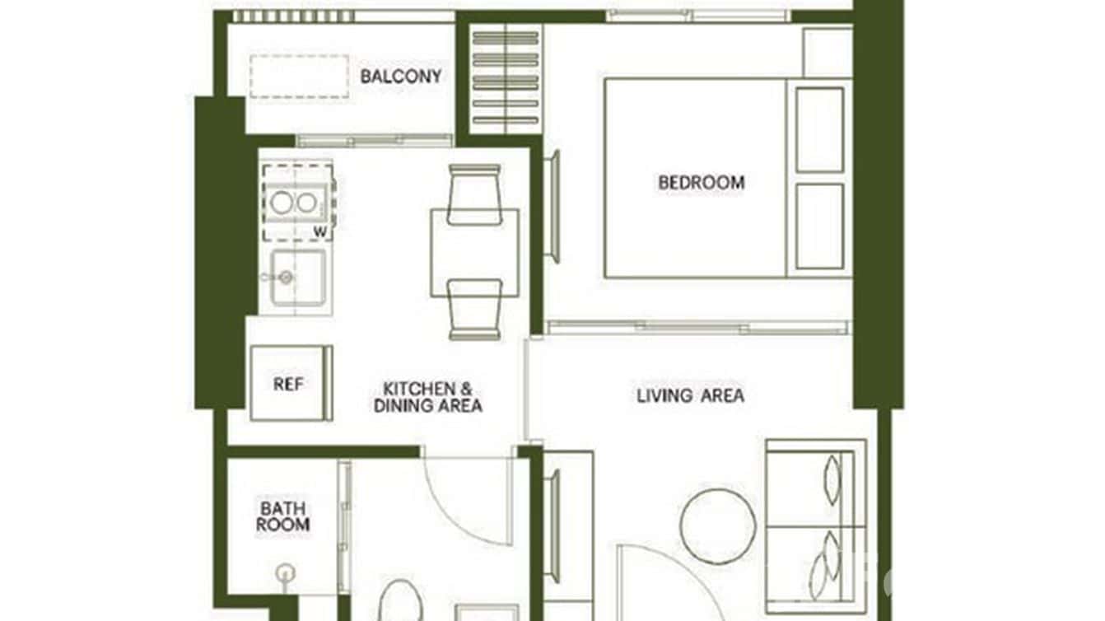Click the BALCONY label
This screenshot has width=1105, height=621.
point(401,77)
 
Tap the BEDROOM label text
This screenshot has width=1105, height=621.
point(701,182)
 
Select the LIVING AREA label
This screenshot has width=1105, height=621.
point(690,395)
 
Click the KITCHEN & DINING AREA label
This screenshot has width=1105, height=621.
point(427,396)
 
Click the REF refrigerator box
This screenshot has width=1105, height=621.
point(289,384)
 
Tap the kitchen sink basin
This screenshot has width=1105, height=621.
point(301,278)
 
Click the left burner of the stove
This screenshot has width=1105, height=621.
point(281,202)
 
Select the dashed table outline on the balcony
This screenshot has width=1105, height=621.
point(299,77)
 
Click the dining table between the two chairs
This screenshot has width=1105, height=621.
point(474,252)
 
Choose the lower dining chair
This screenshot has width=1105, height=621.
point(474,309)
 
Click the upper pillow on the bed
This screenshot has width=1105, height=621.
point(819,129)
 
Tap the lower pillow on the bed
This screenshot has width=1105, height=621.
point(819,226)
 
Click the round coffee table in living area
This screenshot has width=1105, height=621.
point(718,526)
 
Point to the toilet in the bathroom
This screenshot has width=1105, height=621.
point(401,601)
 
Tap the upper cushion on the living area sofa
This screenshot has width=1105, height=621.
point(832,479)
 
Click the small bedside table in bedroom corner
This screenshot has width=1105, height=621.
point(827,52)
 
